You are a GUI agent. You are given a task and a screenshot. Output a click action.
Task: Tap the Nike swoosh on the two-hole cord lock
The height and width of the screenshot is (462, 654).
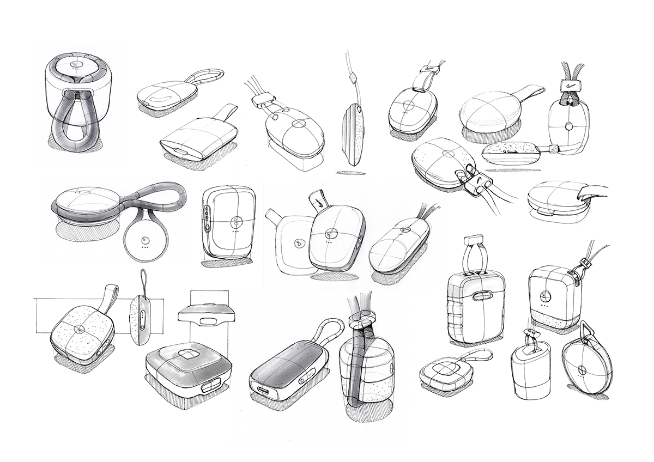478,180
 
